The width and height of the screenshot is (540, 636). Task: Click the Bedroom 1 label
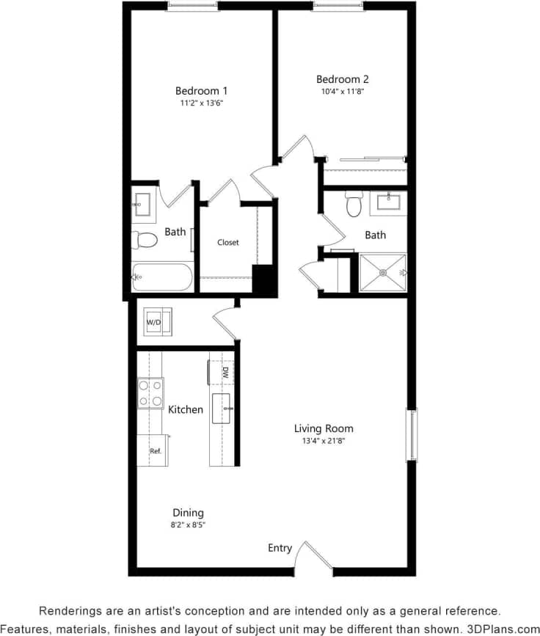click(201, 91)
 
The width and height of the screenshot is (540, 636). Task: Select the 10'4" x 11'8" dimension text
click(342, 92)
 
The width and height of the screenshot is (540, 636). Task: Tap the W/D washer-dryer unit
click(157, 322)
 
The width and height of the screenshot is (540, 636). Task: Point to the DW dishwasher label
click(225, 373)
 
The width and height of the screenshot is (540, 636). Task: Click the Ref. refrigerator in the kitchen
click(154, 450)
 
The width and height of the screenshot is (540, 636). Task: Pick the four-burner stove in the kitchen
click(150, 392)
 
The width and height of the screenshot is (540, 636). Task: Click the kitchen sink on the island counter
click(222, 408)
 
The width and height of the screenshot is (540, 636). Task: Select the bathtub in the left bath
click(163, 277)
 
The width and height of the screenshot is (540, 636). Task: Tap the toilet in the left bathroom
click(145, 239)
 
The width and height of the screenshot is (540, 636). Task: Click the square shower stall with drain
click(382, 272)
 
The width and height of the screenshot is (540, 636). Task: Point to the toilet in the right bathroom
click(354, 205)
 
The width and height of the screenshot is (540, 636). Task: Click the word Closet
click(227, 242)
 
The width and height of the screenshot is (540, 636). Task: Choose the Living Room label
click(324, 428)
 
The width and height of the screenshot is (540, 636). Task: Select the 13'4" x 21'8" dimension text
click(324, 441)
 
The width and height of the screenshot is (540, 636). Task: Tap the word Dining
click(188, 513)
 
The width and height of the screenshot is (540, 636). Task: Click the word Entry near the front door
click(280, 548)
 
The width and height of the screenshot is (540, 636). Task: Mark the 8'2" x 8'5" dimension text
click(188, 525)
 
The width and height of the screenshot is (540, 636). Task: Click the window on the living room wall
click(412, 435)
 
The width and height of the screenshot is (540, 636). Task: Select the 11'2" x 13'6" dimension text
click(201, 103)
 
